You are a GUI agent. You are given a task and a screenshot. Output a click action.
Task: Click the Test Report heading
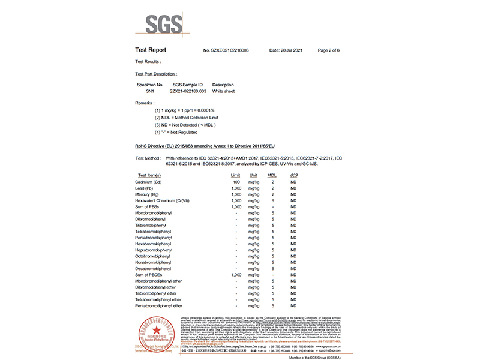point(151,50)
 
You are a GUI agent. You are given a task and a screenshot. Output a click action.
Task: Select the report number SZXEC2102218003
point(226,50)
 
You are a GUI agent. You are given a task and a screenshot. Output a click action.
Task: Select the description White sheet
point(223,91)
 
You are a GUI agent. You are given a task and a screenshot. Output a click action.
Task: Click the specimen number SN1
point(150,91)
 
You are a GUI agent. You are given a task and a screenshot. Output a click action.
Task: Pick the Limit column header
point(236,175)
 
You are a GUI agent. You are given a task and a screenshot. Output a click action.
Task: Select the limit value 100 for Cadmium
point(236,181)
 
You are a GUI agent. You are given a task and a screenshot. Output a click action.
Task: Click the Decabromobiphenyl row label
point(154,268)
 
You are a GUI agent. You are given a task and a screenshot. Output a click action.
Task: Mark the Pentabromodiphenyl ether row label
point(158,305)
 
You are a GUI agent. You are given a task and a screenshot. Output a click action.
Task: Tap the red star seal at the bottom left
point(156,330)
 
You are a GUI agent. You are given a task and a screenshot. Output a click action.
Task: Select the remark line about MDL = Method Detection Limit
point(185,118)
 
